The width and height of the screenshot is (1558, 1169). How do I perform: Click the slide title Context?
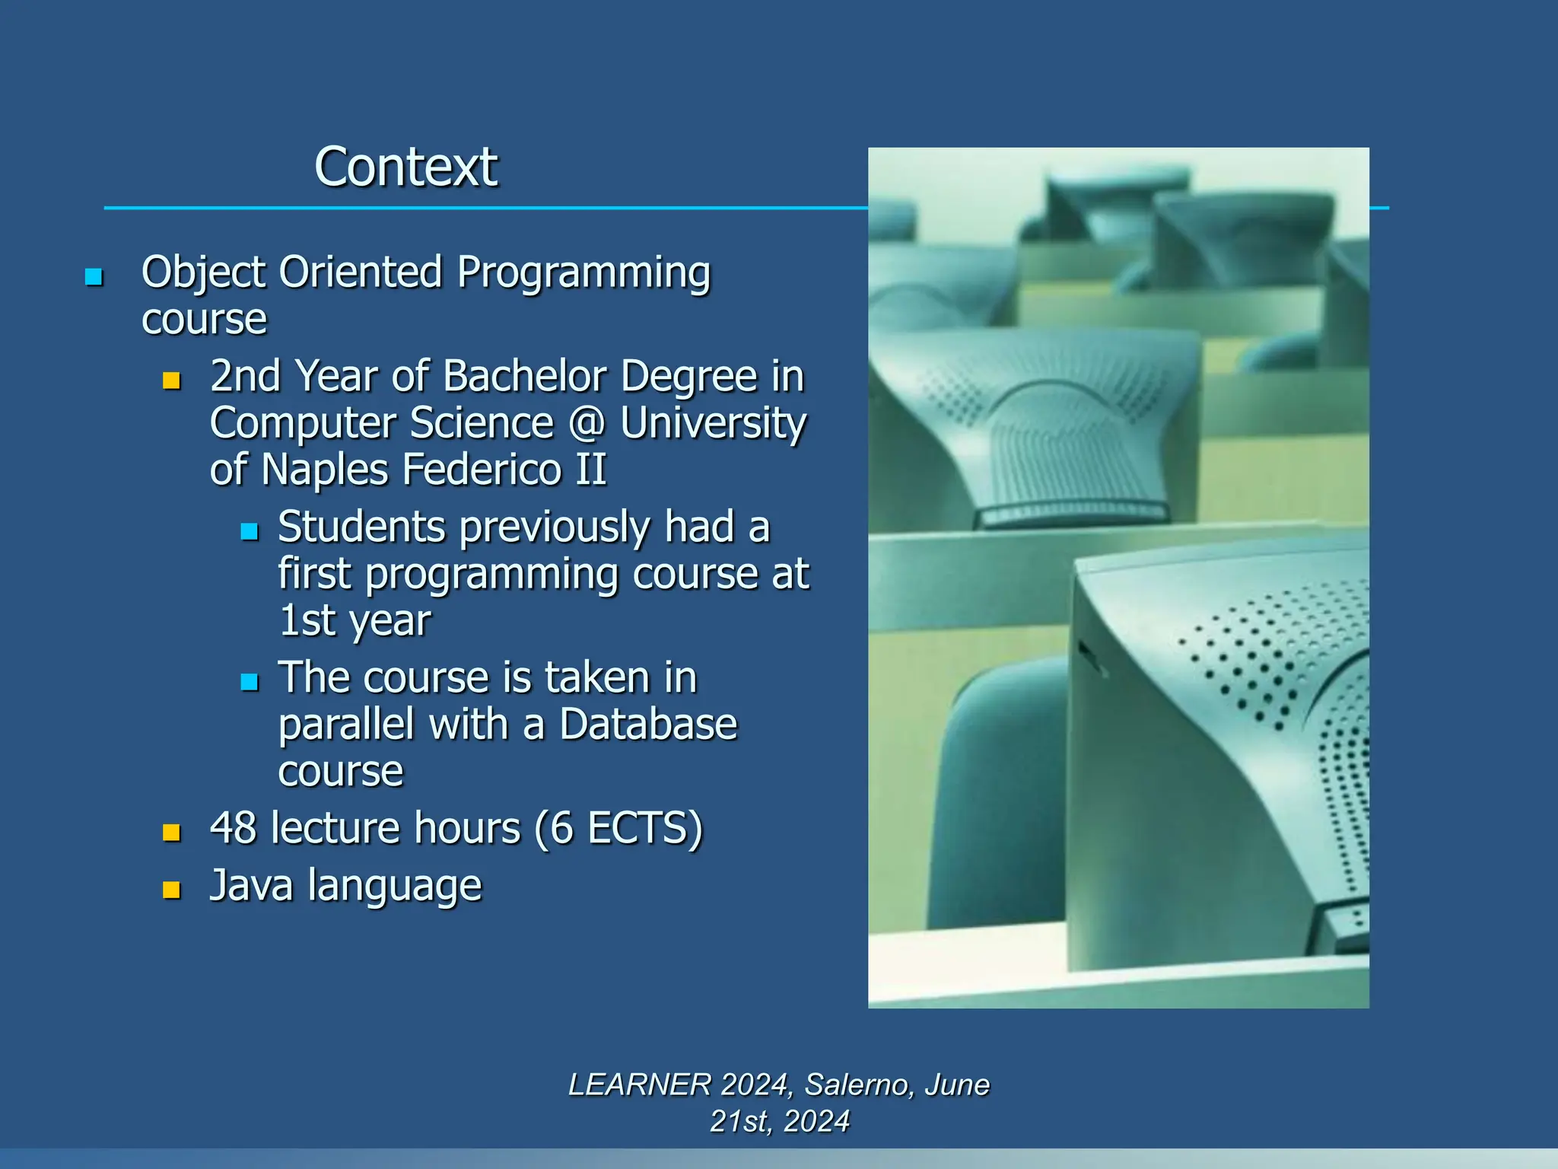405,167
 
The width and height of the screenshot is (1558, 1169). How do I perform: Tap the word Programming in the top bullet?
583,273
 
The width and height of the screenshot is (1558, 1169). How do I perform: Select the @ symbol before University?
587,423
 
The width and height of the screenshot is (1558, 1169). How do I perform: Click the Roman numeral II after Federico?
591,469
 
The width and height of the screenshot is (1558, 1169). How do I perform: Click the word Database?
648,724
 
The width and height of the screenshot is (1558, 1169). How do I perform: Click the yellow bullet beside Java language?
172,890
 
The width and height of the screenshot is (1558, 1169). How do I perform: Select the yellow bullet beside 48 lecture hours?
172,832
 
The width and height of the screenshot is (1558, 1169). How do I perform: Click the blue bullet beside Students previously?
250,531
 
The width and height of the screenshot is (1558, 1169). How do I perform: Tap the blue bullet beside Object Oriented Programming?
94,276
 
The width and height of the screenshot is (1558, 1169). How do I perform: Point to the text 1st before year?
307,620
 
